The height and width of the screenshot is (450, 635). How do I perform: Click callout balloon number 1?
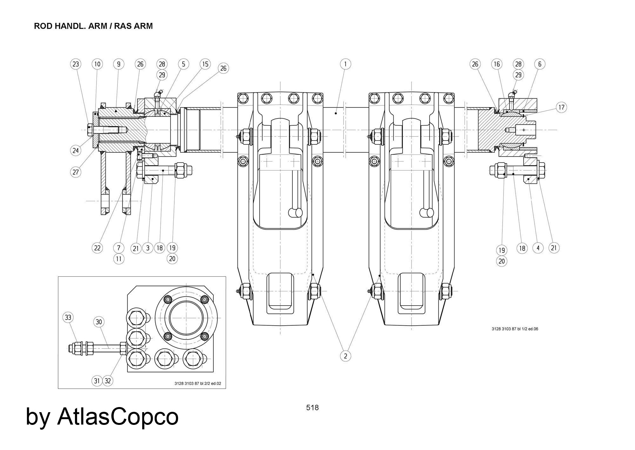click(345, 64)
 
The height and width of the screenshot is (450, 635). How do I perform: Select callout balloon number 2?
click(345, 356)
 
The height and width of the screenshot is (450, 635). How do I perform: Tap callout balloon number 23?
click(76, 64)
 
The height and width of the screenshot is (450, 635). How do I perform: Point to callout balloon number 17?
click(561, 107)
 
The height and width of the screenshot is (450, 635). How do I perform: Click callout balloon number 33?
click(68, 317)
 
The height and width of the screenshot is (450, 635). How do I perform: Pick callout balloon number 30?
click(99, 322)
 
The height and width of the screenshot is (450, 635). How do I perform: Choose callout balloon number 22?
click(97, 248)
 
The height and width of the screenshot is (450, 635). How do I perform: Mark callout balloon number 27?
click(76, 172)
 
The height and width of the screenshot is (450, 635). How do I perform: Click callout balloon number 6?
click(540, 64)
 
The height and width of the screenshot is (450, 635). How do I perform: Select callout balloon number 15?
click(205, 64)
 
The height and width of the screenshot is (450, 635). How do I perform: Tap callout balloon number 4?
click(538, 248)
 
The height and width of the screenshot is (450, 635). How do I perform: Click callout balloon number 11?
click(118, 259)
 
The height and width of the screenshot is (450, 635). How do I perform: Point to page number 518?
click(312, 408)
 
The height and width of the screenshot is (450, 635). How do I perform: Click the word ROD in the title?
click(43, 26)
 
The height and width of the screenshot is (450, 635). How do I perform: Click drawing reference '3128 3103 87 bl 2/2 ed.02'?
click(197, 383)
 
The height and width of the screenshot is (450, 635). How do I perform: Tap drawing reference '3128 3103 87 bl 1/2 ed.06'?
click(515, 329)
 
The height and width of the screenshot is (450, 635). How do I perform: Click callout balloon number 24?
click(76, 150)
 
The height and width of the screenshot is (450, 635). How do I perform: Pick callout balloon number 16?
click(497, 64)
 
